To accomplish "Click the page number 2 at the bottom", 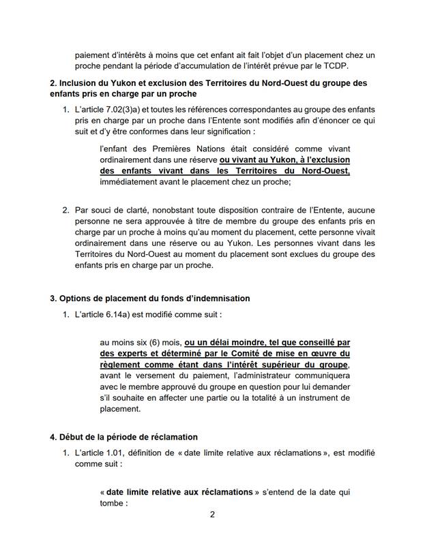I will pyautogui.click(x=212, y=533).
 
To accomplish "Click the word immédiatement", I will pyautogui.click(x=131, y=182).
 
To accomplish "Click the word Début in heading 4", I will pyautogui.click(x=73, y=437).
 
